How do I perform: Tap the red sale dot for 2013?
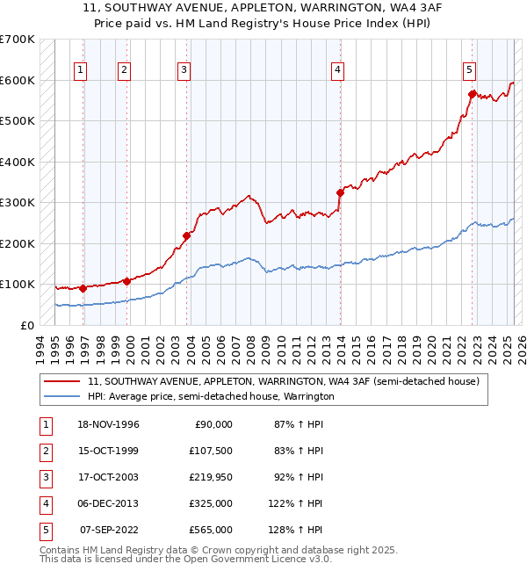click(340, 192)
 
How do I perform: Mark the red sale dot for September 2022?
click(472, 94)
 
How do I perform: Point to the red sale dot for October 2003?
click(186, 235)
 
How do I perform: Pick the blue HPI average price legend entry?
click(211, 396)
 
